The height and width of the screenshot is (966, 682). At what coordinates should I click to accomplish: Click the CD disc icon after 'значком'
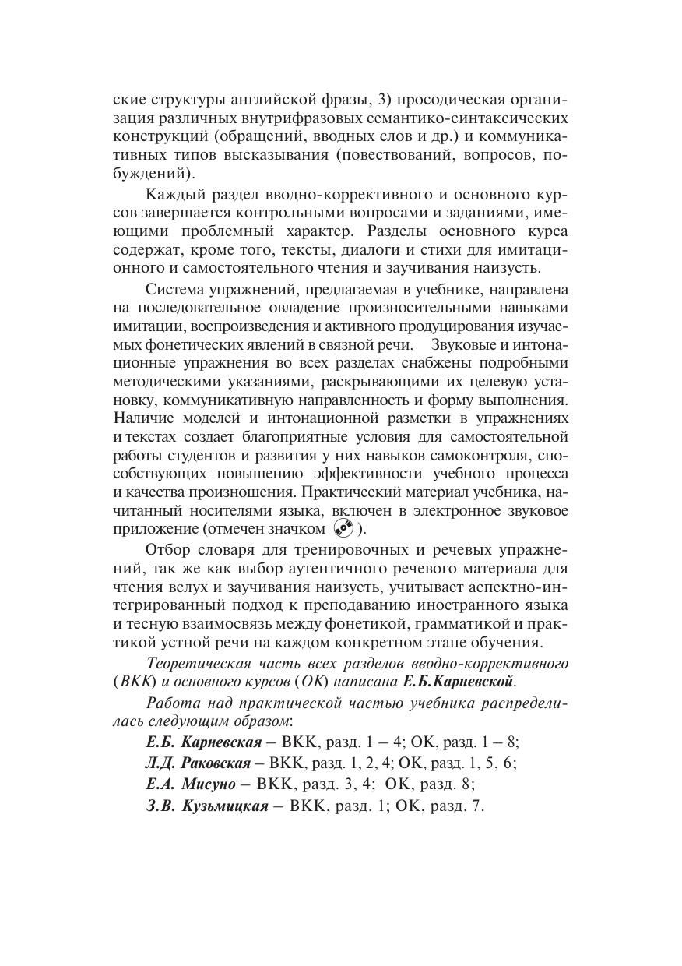pos(343,529)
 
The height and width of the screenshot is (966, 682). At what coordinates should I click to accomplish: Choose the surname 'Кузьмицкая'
pos(226,806)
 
